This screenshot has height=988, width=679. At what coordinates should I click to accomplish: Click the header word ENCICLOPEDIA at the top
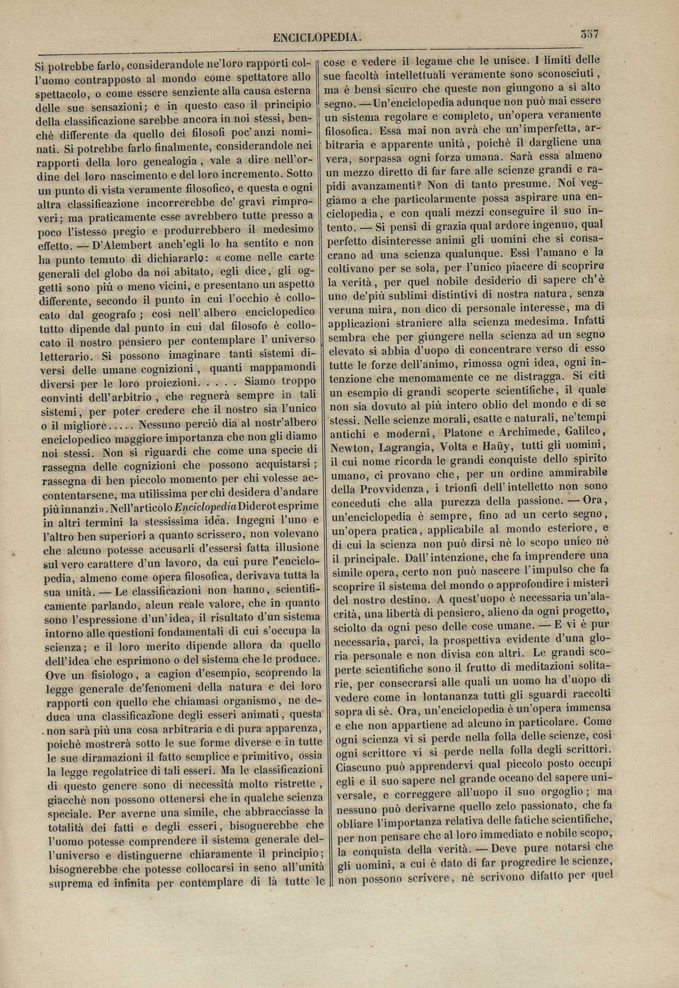point(317,38)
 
